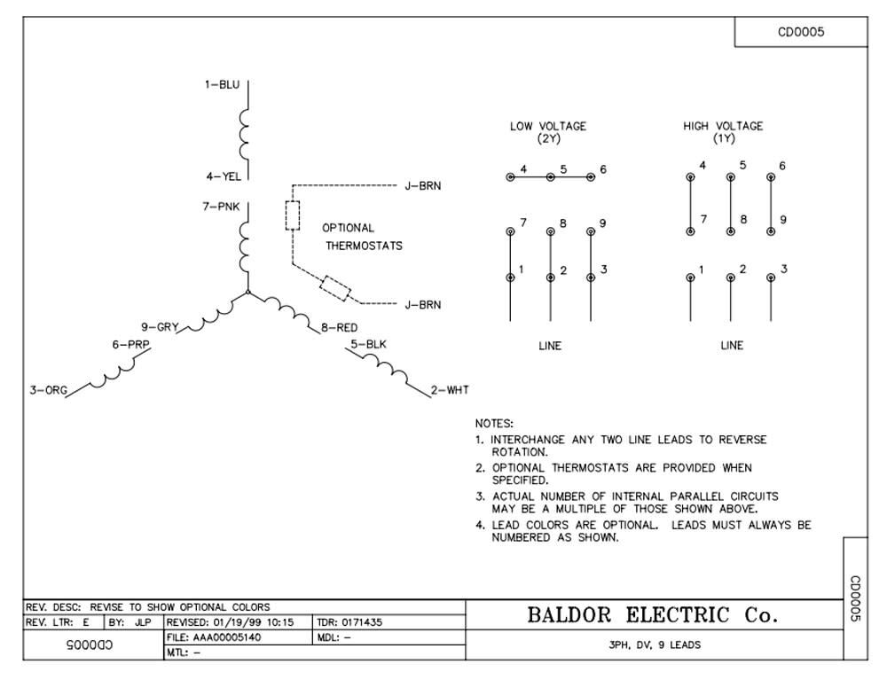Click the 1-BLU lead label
pyautogui.click(x=222, y=85)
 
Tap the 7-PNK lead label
pyautogui.click(x=222, y=207)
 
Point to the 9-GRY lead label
pyautogui.click(x=160, y=326)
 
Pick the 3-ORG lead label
pyautogui.click(x=48, y=390)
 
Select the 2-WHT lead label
pyautogui.click(x=450, y=390)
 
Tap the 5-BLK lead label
pyautogui.click(x=368, y=343)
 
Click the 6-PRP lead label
pyautogui.click(x=130, y=344)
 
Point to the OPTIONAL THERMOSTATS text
pyautogui.click(x=362, y=237)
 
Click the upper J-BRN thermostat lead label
pyautogui.click(x=422, y=186)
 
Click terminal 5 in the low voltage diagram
pyautogui.click(x=551, y=177)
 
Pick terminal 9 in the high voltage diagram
pyautogui.click(x=771, y=231)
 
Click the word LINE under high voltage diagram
pyautogui.click(x=732, y=346)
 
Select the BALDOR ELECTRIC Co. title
pyautogui.click(x=653, y=615)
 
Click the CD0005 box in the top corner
pyautogui.click(x=801, y=32)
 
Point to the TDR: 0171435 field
pyautogui.click(x=349, y=622)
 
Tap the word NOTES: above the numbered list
pyautogui.click(x=494, y=424)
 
